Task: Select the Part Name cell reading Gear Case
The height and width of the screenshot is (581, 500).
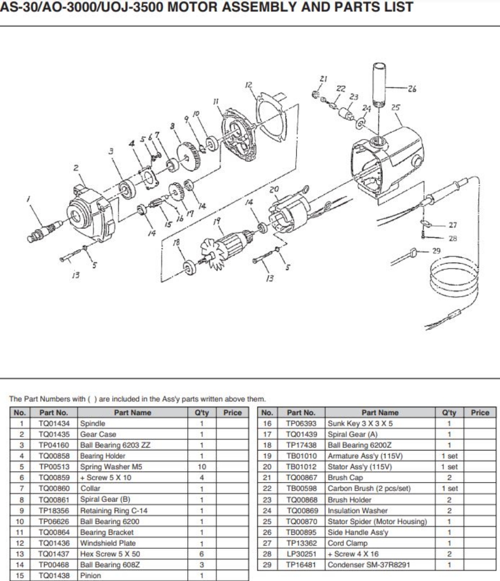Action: pyautogui.click(x=91, y=434)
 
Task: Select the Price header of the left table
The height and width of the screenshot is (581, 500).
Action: pyautogui.click(x=231, y=413)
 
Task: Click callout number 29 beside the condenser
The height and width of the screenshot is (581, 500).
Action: pyautogui.click(x=436, y=251)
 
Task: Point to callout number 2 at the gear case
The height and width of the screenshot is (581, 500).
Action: pyautogui.click(x=75, y=169)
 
